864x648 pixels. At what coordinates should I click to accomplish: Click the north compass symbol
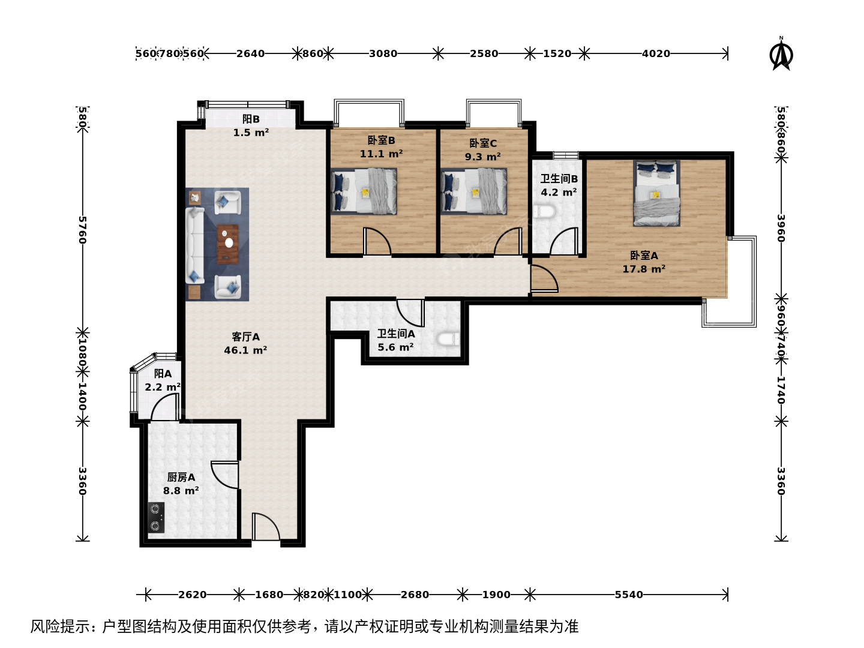(781, 54)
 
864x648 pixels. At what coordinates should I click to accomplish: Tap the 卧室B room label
(381, 140)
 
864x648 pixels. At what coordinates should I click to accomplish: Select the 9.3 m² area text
(482, 157)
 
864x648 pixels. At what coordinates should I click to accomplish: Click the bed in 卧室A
(656, 193)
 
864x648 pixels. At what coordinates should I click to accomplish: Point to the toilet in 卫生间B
(544, 211)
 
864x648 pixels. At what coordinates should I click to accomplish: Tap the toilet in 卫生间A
(448, 339)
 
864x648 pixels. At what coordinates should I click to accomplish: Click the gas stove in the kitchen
(156, 517)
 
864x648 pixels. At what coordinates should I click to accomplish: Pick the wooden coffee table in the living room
(227, 244)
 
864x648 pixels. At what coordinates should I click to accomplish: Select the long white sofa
(195, 245)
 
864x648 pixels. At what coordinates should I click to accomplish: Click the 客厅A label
(245, 337)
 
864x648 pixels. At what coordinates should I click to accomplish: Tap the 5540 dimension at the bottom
(629, 595)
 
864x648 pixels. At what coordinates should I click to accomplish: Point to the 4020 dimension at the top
(656, 53)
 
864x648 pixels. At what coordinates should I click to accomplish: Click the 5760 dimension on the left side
(82, 230)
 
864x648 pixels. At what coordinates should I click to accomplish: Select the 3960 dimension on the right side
(781, 228)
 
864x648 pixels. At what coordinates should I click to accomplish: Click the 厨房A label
(181, 477)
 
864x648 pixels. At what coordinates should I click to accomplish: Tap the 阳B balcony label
(251, 119)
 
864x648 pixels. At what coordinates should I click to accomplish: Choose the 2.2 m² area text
(163, 387)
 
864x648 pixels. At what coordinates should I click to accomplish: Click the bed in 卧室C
(473, 191)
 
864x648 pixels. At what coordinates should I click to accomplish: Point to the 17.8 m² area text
(644, 269)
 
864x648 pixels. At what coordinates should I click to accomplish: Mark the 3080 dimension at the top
(383, 53)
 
